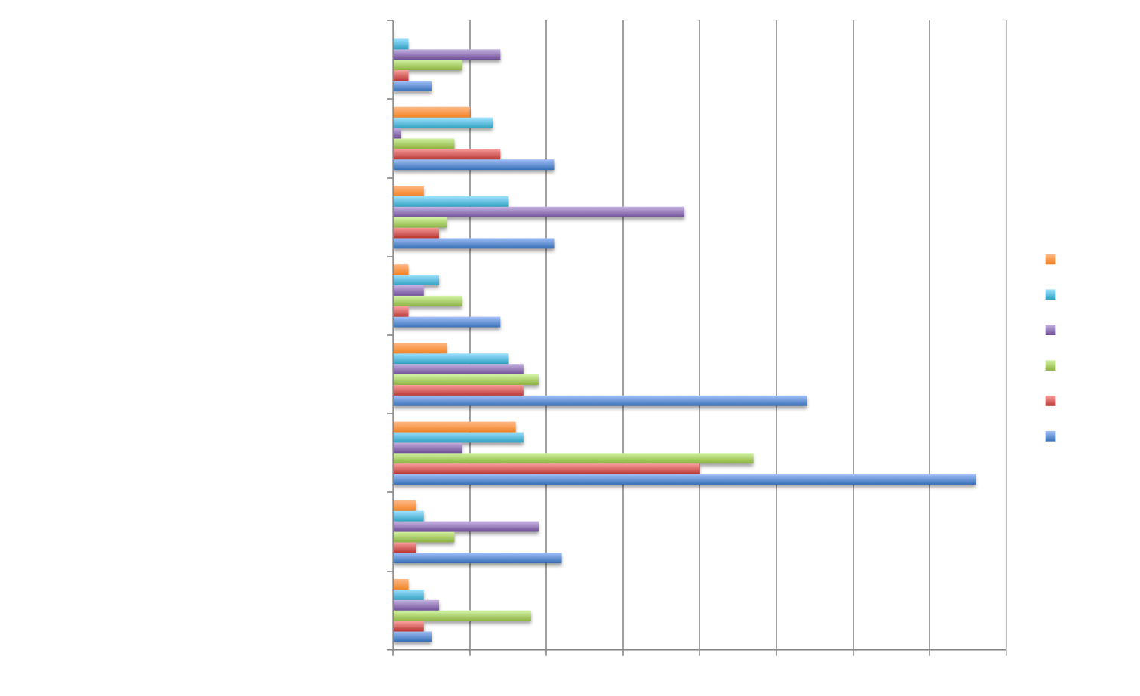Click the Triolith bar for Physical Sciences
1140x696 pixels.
pos(684,479)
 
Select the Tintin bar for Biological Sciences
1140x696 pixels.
pos(539,212)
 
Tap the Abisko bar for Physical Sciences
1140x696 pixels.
pos(573,458)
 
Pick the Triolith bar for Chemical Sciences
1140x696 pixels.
pos(600,400)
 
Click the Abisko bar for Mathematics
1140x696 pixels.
pos(462,615)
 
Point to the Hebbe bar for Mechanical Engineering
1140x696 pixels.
pos(432,112)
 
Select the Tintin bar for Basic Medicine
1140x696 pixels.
pos(447,54)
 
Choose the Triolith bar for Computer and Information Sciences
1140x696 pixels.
pos(478,558)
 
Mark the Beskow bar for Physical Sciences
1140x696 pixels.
pos(546,469)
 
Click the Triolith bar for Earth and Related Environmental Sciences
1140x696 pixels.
pos(447,322)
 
